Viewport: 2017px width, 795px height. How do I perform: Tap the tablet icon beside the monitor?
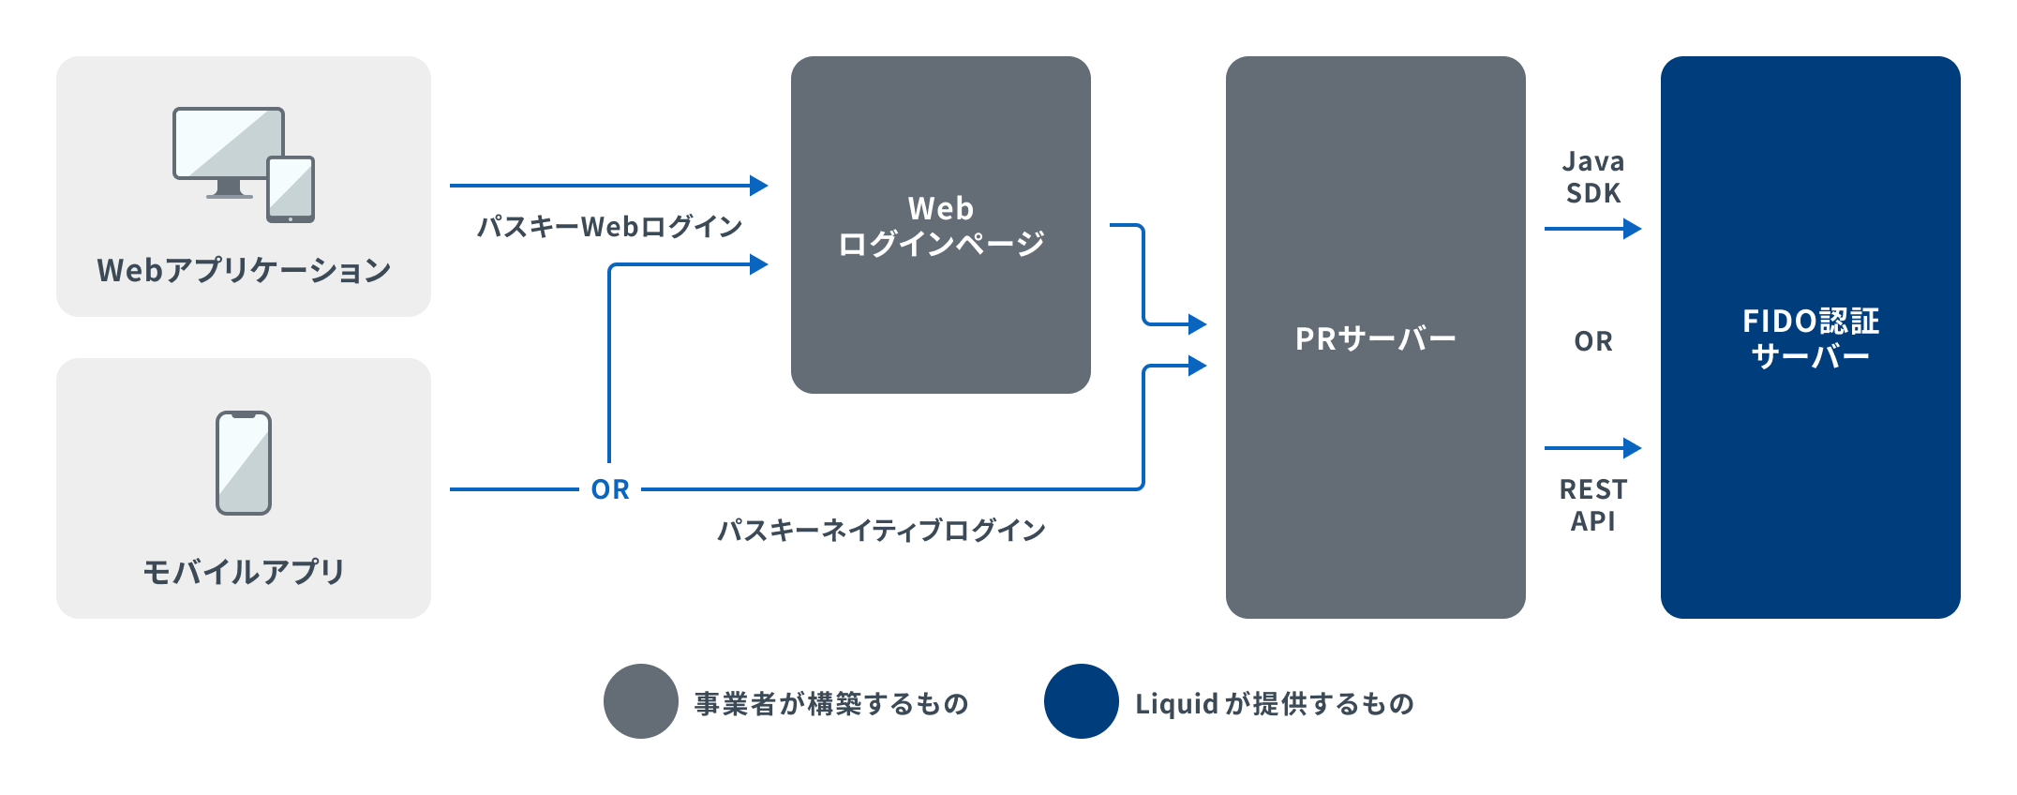point(291,189)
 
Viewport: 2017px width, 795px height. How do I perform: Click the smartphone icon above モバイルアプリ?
point(244,463)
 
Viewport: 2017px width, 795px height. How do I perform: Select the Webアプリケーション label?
point(244,271)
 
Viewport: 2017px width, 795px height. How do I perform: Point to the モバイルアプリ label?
point(244,572)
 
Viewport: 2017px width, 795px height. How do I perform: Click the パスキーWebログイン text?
point(609,227)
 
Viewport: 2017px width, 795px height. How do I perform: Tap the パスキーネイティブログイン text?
point(881,531)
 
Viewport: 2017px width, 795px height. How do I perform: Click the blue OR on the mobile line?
point(610,489)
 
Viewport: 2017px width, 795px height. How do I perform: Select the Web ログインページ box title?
point(940,226)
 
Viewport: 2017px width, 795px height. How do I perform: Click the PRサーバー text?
point(1375,338)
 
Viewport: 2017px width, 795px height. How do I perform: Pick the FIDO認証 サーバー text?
point(1810,338)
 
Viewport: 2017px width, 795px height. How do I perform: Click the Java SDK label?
point(1593,177)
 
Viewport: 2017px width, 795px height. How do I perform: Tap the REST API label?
point(1593,505)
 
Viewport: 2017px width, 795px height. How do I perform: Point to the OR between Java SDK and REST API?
point(1593,341)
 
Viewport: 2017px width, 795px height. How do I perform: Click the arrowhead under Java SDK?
point(1632,228)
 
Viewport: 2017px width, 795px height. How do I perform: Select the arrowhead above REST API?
point(1632,448)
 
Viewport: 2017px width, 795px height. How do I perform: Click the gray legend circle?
point(641,701)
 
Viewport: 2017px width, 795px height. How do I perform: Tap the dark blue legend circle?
point(1082,701)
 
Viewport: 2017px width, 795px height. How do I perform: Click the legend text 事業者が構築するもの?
point(831,703)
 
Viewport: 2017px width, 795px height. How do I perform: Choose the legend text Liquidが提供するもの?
point(1275,703)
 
